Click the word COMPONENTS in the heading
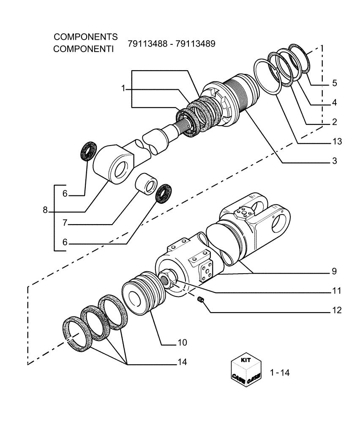click(x=85, y=37)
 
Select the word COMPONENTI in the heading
click(x=84, y=49)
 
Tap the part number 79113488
click(x=146, y=44)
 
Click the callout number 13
click(x=336, y=141)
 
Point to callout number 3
click(x=334, y=161)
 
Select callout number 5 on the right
click(x=334, y=83)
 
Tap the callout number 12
click(x=336, y=310)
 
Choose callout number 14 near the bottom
click(x=182, y=362)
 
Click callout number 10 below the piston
click(x=182, y=342)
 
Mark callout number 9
click(x=334, y=270)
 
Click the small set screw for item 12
click(x=201, y=300)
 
